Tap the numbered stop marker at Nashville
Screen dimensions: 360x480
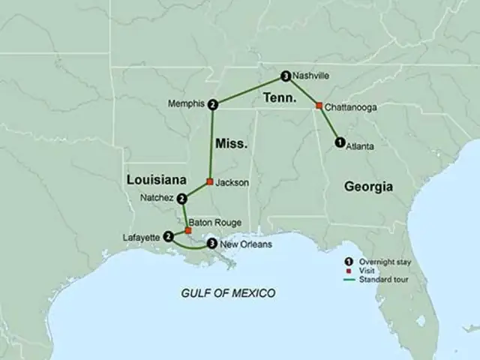pos(285,76)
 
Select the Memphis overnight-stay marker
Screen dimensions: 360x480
pos(214,104)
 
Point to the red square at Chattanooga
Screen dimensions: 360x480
pos(319,106)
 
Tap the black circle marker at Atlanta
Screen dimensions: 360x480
pos(339,142)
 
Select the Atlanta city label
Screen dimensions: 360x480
pos(361,147)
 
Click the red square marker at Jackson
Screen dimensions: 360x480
pos(209,181)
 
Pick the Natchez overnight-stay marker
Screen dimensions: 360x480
pos(182,199)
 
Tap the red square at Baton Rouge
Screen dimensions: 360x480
pos(187,230)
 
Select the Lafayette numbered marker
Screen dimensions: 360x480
pos(168,238)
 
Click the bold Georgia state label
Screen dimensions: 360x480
pos(368,186)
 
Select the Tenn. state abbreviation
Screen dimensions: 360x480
pos(279,98)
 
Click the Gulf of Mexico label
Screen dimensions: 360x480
pos(228,292)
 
